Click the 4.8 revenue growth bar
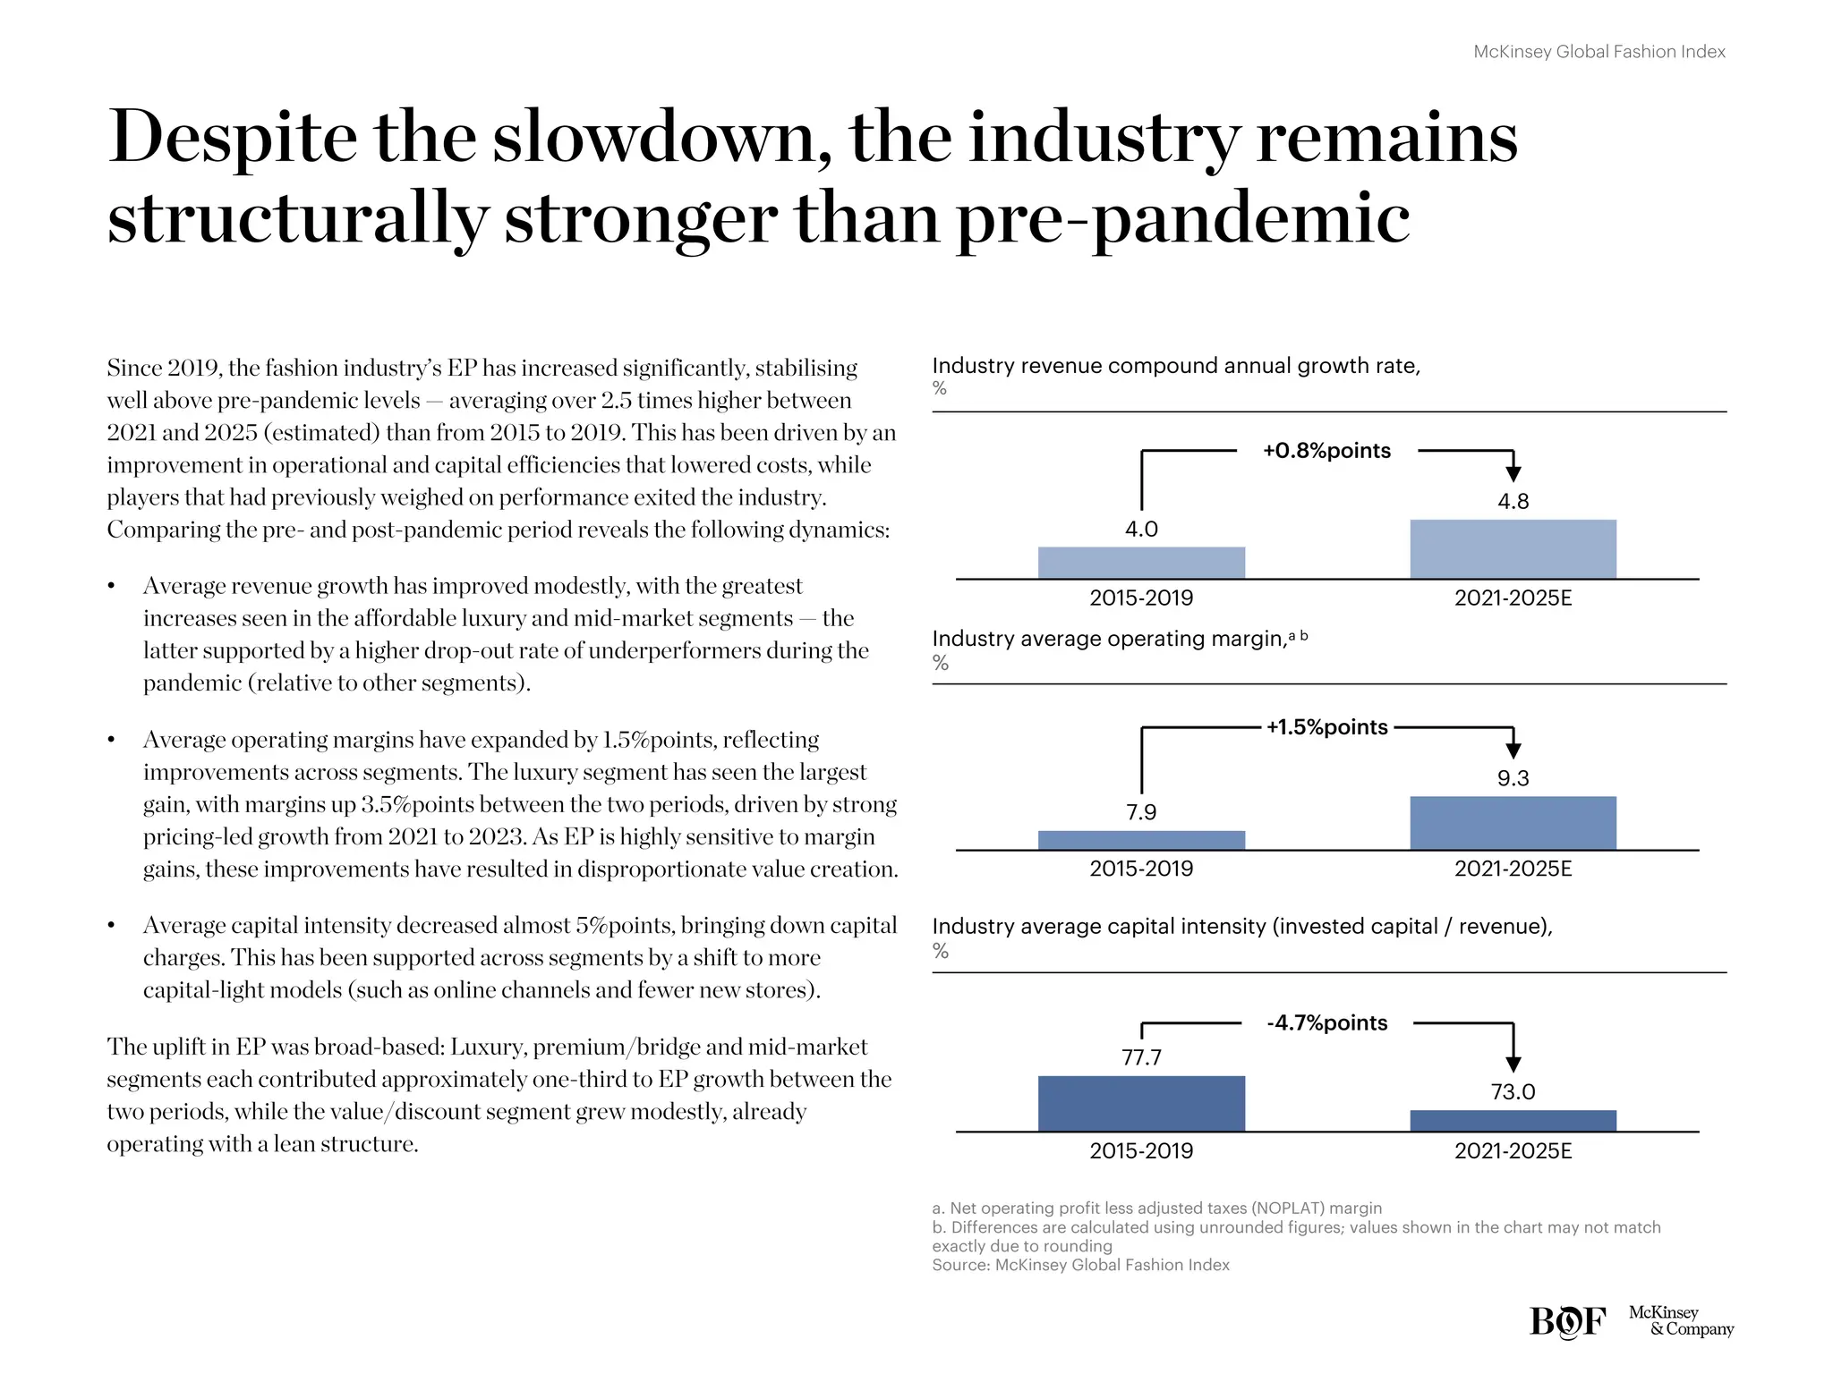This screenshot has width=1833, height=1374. click(1513, 549)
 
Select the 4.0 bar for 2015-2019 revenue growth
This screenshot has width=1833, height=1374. click(1141, 563)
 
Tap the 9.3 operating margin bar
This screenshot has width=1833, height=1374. click(1513, 823)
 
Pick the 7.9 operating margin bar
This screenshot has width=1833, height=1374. click(1141, 840)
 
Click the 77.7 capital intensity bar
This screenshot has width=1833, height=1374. click(1141, 1104)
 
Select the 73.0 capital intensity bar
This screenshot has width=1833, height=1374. click(1513, 1121)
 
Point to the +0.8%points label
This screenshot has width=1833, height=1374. click(1326, 451)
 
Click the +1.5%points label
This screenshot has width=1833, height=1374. click(1326, 727)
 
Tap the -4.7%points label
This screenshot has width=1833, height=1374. click(1326, 1023)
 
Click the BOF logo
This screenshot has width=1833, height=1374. click(1567, 1321)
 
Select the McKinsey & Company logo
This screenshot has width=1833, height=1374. click(1680, 1321)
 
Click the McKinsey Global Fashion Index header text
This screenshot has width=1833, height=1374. click(1599, 52)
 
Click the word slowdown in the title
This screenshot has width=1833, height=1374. click(661, 139)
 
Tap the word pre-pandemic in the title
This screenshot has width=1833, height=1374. click(1182, 219)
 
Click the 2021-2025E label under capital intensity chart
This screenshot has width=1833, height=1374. click(1513, 1151)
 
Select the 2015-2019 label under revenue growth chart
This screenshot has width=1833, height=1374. click(1141, 598)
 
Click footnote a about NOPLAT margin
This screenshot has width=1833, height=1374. click(1156, 1209)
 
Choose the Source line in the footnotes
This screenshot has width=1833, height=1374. click(1080, 1265)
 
